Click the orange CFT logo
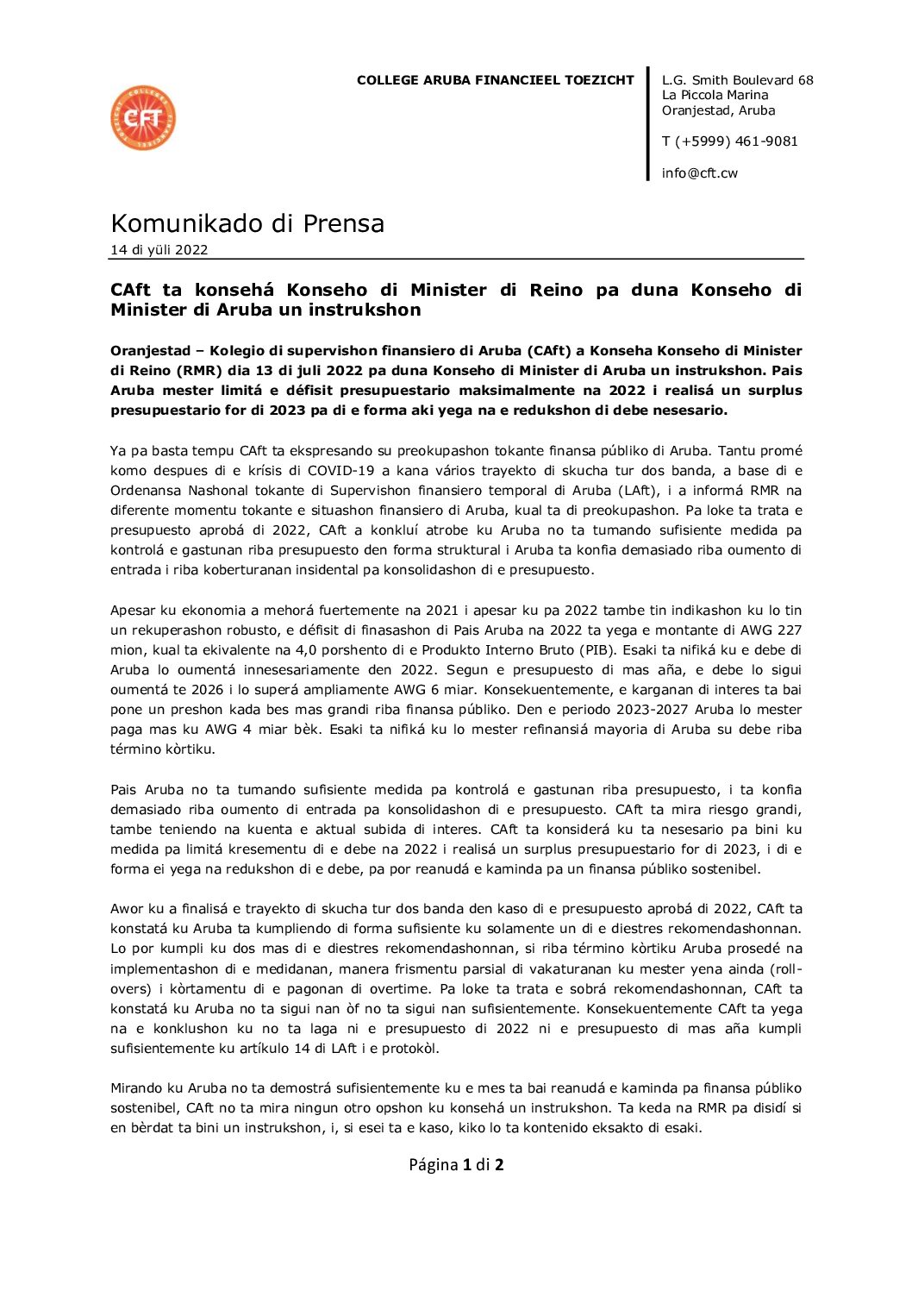143,118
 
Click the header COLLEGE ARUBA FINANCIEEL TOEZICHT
495,80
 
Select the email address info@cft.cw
699,173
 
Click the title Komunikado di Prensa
247,223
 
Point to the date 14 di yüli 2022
159,250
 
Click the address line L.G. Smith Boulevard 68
737,80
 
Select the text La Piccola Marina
715,95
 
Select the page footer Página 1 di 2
456,1165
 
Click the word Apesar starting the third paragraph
132,611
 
